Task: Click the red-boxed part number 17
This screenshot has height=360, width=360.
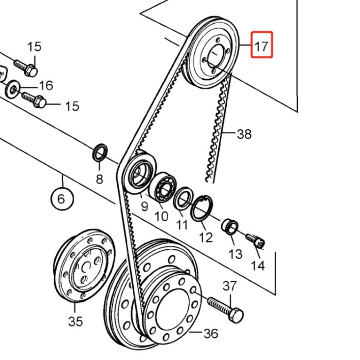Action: tap(261, 45)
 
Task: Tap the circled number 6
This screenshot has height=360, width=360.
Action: tap(61, 198)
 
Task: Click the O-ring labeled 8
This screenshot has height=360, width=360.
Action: tap(100, 153)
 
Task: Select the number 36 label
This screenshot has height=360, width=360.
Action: tap(210, 333)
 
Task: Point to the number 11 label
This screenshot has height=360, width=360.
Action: tap(182, 225)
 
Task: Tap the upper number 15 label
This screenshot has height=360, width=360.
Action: tap(34, 47)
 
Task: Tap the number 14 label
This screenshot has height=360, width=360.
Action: tap(258, 265)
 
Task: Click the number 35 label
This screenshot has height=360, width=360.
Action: tap(75, 321)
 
